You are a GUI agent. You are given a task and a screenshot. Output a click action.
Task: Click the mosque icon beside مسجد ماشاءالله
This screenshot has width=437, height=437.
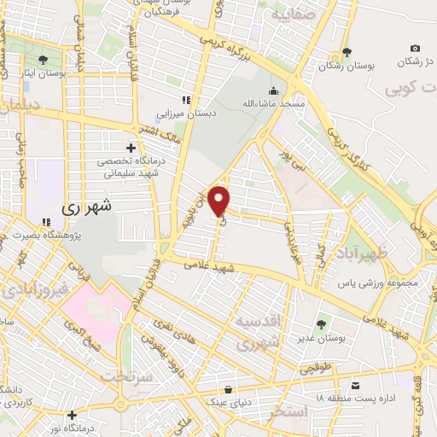point(273,90)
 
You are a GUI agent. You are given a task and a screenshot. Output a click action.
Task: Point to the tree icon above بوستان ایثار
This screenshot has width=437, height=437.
point(43,58)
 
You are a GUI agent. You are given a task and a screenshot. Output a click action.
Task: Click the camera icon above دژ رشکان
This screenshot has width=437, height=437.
point(415,49)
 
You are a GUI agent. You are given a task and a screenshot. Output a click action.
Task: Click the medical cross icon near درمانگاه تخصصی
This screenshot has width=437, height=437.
point(131,148)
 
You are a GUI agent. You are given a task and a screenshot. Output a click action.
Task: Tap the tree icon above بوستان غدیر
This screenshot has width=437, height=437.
point(320,324)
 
